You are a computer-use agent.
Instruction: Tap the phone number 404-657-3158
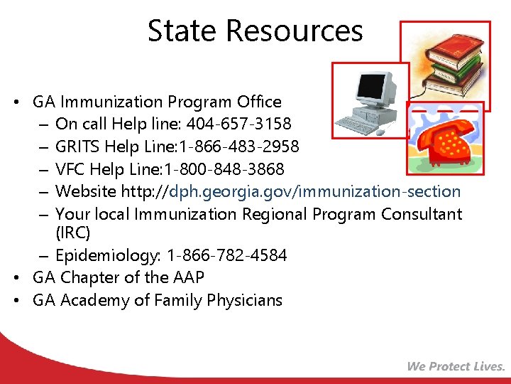pos(238,124)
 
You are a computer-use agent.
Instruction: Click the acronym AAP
pos(188,277)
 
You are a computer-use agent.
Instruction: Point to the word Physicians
pos(244,300)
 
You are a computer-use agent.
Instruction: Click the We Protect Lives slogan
pos(456,366)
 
